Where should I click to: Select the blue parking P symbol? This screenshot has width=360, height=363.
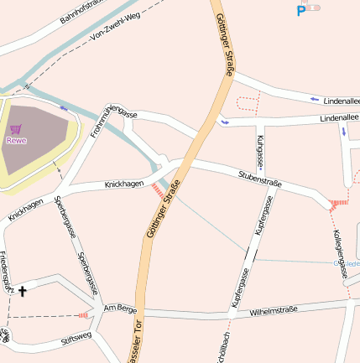click(300, 11)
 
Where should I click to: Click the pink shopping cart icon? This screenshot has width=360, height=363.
click(16, 129)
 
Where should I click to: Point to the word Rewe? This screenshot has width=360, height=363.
click(16, 141)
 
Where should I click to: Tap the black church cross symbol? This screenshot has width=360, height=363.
click(23, 292)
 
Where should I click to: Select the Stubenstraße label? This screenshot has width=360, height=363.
click(259, 178)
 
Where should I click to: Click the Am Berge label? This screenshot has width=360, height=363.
click(119, 309)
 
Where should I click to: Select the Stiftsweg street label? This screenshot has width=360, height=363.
click(76, 339)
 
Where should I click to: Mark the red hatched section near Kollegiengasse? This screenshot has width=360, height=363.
click(338, 203)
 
